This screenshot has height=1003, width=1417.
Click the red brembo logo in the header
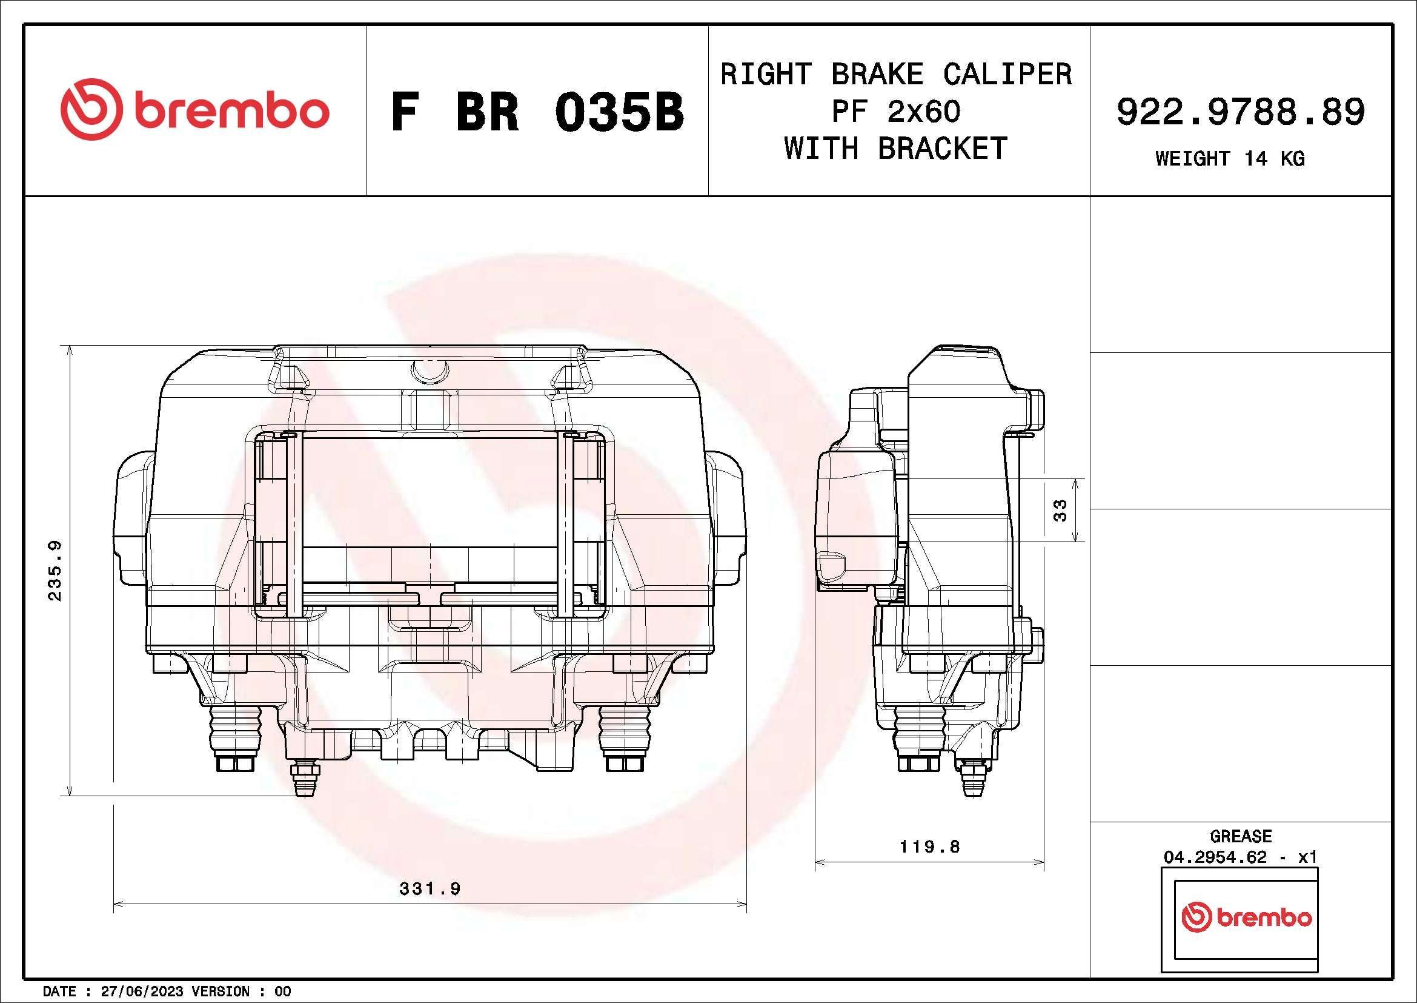click(194, 109)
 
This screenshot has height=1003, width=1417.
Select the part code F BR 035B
click(537, 112)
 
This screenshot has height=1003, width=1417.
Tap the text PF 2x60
click(895, 112)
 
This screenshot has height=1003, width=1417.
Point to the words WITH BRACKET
click(895, 149)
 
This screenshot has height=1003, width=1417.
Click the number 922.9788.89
click(1241, 112)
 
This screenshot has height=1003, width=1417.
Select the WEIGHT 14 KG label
click(1229, 159)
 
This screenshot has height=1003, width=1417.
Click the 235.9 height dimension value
click(55, 570)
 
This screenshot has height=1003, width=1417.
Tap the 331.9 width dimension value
click(430, 889)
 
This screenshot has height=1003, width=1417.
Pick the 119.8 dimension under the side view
click(929, 847)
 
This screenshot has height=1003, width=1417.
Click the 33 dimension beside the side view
click(1060, 510)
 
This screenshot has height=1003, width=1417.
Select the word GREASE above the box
click(1241, 836)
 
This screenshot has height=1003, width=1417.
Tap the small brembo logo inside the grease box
click(1246, 917)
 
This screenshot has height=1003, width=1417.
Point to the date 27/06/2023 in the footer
click(142, 991)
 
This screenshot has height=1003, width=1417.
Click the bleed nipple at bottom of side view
click(972, 779)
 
